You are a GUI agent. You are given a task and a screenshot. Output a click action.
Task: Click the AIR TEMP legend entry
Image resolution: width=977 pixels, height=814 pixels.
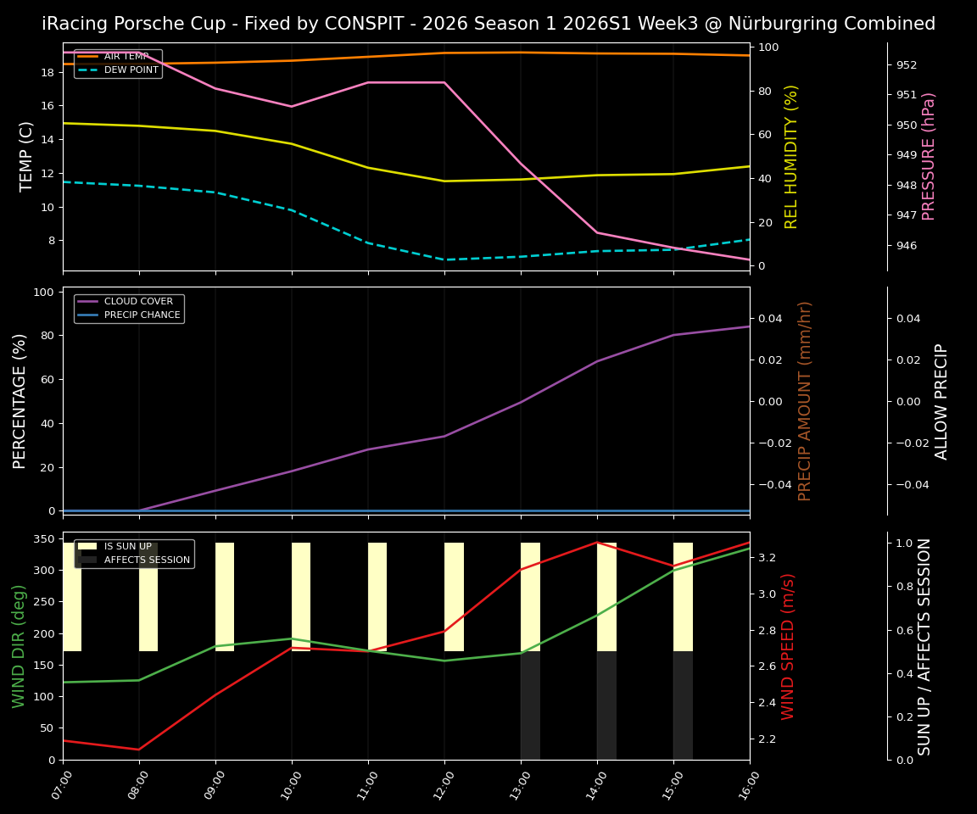pos(126,56)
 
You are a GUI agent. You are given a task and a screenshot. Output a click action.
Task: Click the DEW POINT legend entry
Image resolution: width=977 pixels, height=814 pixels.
pos(131,70)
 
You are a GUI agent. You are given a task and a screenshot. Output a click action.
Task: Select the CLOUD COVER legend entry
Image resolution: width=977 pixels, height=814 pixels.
pos(138,301)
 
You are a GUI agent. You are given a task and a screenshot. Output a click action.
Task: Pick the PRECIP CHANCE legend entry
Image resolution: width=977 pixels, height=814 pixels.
pos(142,315)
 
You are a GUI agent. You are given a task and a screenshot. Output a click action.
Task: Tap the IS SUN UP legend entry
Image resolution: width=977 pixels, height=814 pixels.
pos(128,547)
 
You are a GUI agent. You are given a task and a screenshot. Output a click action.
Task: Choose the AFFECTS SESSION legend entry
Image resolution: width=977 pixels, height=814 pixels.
pos(147,560)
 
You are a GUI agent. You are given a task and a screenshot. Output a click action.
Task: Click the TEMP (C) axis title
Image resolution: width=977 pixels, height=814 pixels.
pos(26,156)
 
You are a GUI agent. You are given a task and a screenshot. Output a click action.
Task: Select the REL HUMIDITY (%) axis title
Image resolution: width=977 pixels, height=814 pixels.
pos(791,156)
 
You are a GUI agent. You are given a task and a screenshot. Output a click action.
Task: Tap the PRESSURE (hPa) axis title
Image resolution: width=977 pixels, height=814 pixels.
pos(929,156)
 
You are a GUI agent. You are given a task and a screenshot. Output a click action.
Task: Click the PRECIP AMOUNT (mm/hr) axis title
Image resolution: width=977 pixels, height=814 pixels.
pos(805,400)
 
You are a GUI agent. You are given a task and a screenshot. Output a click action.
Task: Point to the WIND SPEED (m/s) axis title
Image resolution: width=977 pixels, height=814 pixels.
pos(788,645)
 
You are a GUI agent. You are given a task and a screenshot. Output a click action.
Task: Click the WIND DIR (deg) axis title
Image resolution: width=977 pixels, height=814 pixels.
pos(19,645)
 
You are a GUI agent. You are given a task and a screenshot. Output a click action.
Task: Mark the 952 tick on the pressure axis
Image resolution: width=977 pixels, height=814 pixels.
pos(907,64)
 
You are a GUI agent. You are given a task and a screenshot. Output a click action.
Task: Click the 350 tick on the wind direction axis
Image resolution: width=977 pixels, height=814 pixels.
pos(44,538)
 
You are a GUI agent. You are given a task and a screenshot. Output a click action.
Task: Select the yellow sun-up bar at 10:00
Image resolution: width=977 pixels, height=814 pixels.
pos(301,596)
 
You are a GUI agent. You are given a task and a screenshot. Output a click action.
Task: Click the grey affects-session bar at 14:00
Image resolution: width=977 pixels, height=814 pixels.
pos(606,705)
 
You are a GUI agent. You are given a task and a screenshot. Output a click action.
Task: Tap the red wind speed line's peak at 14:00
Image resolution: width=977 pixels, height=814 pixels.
pos(597,543)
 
